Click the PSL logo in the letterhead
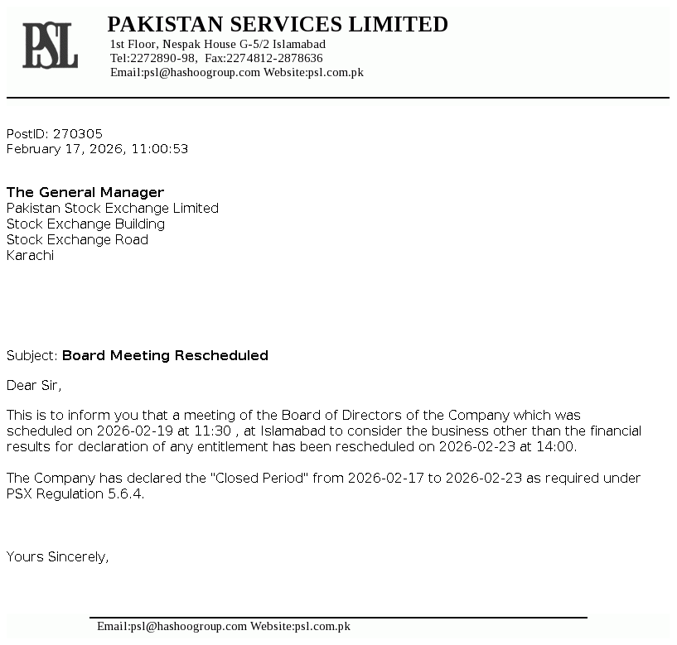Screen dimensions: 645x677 click(x=50, y=46)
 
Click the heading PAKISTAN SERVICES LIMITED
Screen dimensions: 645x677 click(x=278, y=25)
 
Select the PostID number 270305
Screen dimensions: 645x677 click(x=78, y=133)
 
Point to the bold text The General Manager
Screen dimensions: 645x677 click(x=85, y=192)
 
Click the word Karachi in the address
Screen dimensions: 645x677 click(x=30, y=255)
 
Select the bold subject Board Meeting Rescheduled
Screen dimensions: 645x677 click(x=165, y=355)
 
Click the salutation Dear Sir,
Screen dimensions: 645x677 click(x=34, y=385)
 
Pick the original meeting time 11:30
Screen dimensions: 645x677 click(x=211, y=431)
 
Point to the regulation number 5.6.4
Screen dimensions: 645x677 click(x=128, y=493)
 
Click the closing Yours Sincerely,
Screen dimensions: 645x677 click(x=57, y=556)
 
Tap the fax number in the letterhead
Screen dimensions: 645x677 click(x=274, y=58)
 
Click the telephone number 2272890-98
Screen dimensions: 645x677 click(x=163, y=58)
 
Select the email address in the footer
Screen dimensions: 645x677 click(x=172, y=626)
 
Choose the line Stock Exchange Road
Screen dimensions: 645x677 click(x=77, y=239)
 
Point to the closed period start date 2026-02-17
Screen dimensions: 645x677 click(x=384, y=478)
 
